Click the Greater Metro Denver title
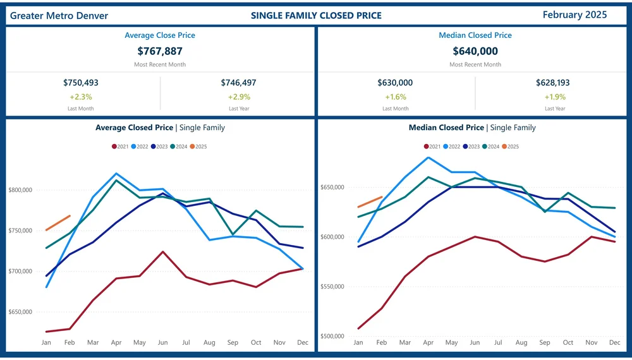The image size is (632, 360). [x=59, y=16]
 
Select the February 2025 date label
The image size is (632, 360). [x=574, y=15]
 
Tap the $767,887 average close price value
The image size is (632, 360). [x=160, y=51]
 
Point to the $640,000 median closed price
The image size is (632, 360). [x=475, y=51]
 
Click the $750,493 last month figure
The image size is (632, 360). [x=81, y=83]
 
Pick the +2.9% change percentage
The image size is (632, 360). [x=239, y=97]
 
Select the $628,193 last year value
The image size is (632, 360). [x=555, y=83]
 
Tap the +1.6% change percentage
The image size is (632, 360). [x=396, y=97]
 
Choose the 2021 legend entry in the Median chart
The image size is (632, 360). [x=432, y=147]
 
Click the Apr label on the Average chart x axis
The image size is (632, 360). [x=116, y=342]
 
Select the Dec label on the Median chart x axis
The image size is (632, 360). [x=614, y=342]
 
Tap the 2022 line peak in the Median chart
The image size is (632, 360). [x=428, y=157]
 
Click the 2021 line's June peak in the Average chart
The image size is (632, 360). [x=163, y=251]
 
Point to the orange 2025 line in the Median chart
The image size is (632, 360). [x=370, y=202]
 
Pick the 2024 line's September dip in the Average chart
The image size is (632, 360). [x=233, y=234]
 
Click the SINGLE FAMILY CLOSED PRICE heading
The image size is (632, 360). [x=316, y=15]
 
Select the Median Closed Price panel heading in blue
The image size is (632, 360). [x=475, y=35]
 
